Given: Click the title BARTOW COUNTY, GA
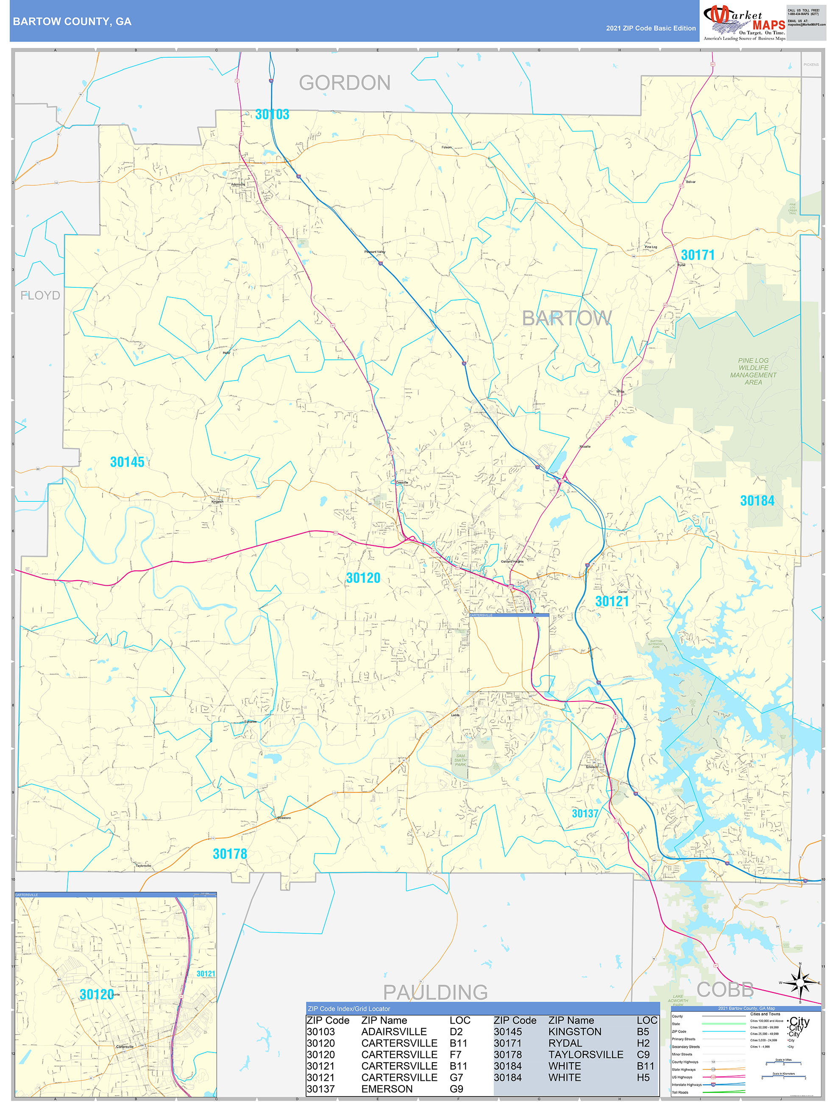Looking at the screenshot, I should tap(72, 22).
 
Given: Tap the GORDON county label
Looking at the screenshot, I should tap(345, 83).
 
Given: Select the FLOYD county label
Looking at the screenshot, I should tap(40, 295).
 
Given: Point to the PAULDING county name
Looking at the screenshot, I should tap(435, 992).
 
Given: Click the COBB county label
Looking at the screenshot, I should tap(725, 989).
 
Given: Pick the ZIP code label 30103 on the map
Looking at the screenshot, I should tap(272, 114).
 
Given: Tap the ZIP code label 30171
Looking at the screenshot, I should tap(698, 255).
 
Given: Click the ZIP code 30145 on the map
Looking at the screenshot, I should tap(127, 462).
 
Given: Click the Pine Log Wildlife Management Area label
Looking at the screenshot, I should tap(753, 371).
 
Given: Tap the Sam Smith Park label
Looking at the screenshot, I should tap(460, 760).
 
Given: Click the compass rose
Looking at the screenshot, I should tap(800, 982).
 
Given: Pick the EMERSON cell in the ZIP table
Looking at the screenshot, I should tap(387, 1089).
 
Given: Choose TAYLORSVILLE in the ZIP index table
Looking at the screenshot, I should tap(585, 1055).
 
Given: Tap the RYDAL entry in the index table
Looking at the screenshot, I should tap(565, 1043).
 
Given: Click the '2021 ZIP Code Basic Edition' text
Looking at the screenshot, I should tap(651, 28).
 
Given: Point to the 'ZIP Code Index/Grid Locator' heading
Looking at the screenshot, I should tap(349, 1009).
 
